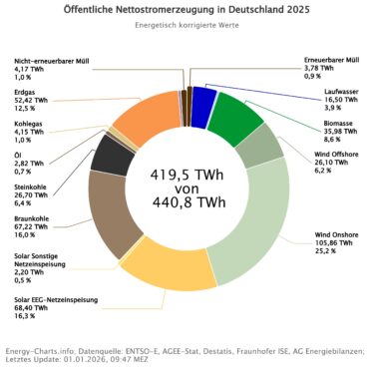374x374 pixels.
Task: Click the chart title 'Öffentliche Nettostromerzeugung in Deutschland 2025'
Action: pyautogui.click(x=187, y=9)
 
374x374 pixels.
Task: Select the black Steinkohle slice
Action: pyautogui.click(x=111, y=155)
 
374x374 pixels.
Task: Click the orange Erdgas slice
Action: pyautogui.click(x=144, y=116)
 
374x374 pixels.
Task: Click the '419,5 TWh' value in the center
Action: pyautogui.click(x=187, y=173)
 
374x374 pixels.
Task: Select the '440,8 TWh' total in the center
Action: pyautogui.click(x=187, y=203)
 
